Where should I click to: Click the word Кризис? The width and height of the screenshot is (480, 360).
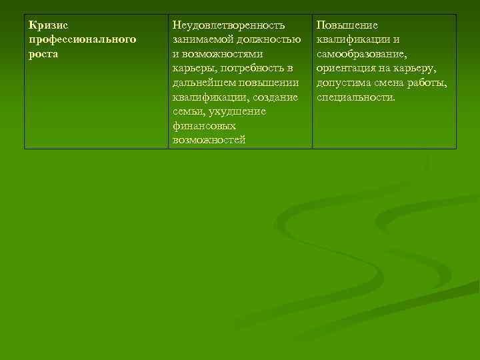49,25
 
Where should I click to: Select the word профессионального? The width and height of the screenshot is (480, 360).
83,39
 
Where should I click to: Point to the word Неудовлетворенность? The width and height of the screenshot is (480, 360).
229,25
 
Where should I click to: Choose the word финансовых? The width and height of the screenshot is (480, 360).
204,125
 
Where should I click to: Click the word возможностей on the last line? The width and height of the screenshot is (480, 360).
209,140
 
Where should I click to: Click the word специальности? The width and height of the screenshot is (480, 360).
356,97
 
